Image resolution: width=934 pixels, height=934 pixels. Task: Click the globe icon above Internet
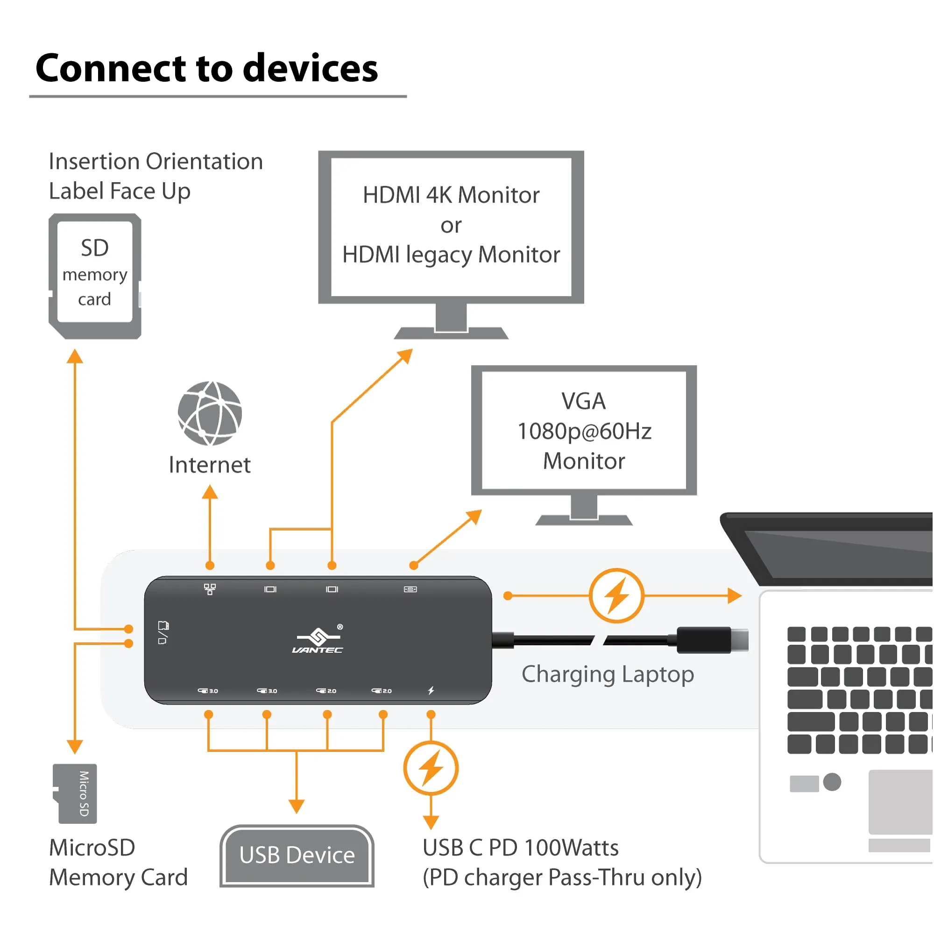coord(210,413)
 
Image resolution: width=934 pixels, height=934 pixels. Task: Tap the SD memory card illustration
coord(95,276)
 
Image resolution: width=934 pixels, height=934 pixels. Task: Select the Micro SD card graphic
coord(75,793)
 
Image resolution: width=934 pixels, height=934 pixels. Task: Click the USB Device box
coord(297,855)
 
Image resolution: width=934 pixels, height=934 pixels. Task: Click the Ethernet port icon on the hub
coord(210,589)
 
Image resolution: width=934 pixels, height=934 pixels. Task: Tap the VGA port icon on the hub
coord(410,589)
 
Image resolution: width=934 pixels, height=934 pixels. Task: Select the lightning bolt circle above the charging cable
coord(616,595)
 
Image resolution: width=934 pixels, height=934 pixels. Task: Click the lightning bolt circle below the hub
coord(431,768)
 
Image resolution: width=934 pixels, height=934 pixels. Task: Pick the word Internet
coord(209,465)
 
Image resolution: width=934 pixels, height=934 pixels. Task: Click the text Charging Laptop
coord(608,674)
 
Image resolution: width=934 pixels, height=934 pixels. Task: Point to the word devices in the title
coord(311,68)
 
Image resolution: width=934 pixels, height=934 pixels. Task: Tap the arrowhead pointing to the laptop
coord(734,595)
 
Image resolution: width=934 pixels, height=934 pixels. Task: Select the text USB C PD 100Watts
coord(520,848)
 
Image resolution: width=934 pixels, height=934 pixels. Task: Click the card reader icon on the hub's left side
coord(163,633)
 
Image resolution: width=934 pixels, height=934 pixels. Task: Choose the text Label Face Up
coord(120,191)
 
